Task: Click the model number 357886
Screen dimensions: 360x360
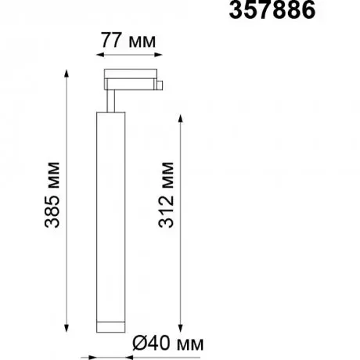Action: pyautogui.click(x=272, y=10)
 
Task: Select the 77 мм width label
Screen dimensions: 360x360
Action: pyautogui.click(x=128, y=41)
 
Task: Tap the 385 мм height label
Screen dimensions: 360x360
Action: pyautogui.click(x=52, y=195)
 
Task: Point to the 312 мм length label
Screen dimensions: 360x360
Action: pyautogui.click(x=166, y=195)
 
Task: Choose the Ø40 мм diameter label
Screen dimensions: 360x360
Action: pyautogui.click(x=167, y=343)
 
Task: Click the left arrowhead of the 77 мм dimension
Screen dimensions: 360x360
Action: pyautogui.click(x=100, y=55)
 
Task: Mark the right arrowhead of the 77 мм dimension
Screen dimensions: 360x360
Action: pyautogui.click(x=158, y=55)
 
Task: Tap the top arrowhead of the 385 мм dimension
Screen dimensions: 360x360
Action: pyautogui.click(x=67, y=74)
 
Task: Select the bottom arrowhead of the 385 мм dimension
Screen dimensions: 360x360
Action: pyautogui.click(x=67, y=328)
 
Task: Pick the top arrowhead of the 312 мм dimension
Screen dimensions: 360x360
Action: pyautogui.click(x=180, y=118)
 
